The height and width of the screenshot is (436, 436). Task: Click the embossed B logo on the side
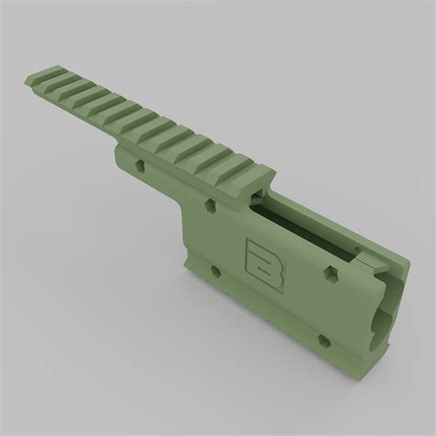pos(265,266)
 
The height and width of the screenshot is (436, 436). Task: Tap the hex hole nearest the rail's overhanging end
pos(140,166)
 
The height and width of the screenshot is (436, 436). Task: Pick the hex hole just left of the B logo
pos(216,271)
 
